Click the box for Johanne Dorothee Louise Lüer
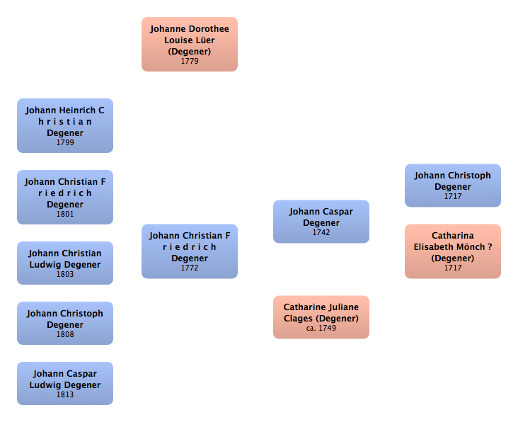click(189, 44)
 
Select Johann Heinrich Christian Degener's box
click(65, 125)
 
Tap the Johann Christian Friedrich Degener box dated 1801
click(65, 197)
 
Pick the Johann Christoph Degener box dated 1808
click(65, 322)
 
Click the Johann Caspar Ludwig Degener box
click(65, 382)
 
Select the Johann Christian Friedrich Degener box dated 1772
click(189, 251)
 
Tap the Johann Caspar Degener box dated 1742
click(321, 221)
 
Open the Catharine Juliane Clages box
click(321, 316)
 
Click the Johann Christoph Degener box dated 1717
click(452, 185)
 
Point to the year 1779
click(189, 61)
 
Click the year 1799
click(65, 142)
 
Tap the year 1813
click(65, 394)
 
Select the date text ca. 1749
click(321, 329)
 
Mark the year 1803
click(65, 274)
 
